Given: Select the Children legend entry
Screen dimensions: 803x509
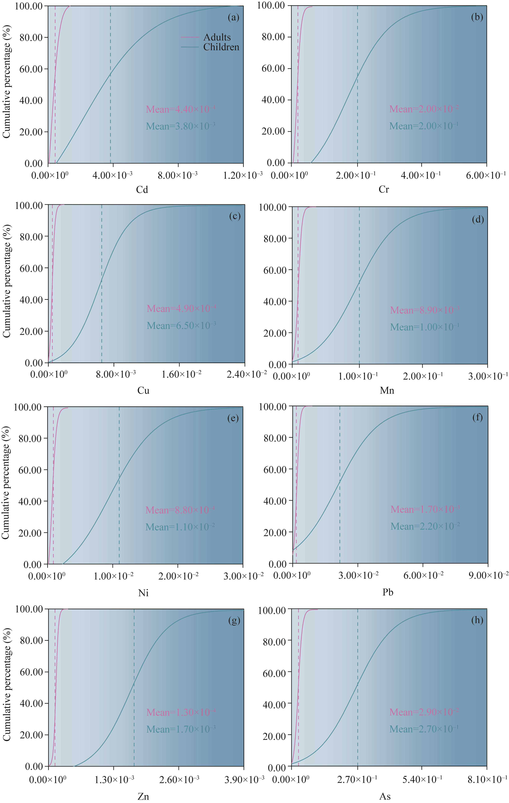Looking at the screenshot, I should coord(221,47).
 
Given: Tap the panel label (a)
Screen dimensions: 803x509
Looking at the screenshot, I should coord(233,17).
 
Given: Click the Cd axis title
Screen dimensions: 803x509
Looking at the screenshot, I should coord(142,189).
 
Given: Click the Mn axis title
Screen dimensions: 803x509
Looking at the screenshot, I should coord(387,390).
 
